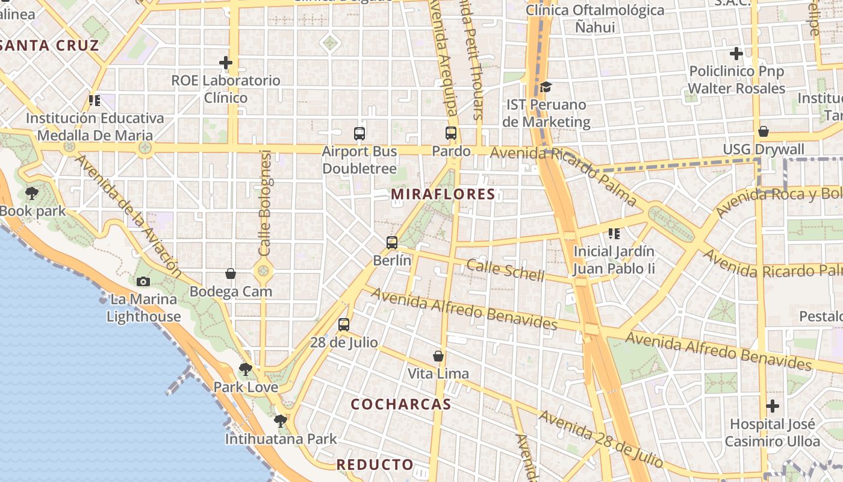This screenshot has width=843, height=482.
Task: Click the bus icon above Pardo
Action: (451, 133)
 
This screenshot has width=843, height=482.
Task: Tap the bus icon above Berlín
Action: (392, 243)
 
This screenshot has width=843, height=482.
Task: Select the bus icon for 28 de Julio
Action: (344, 325)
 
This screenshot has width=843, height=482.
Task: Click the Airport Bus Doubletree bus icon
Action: (359, 134)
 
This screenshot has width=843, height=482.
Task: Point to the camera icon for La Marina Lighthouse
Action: (143, 281)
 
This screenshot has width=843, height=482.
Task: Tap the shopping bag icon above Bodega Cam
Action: (231, 274)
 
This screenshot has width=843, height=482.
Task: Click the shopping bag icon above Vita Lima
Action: (438, 356)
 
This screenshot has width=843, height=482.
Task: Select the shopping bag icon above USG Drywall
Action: (764, 131)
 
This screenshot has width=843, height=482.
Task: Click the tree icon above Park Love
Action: (245, 369)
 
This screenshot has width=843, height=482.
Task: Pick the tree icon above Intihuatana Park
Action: (280, 421)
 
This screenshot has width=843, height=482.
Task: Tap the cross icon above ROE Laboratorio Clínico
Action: (226, 63)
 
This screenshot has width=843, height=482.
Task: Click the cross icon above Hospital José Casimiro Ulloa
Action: (773, 406)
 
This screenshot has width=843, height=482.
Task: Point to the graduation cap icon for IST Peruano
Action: (546, 87)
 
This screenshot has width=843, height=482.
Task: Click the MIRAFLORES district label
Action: (443, 195)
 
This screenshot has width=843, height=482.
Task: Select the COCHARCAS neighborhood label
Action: (401, 404)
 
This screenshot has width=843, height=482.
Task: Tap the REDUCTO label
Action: (375, 465)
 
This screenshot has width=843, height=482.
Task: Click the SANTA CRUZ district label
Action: (49, 45)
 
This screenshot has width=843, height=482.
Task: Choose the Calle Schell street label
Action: (505, 271)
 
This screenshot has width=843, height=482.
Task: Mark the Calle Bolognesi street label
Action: (265, 203)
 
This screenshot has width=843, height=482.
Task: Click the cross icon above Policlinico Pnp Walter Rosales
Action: (736, 54)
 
